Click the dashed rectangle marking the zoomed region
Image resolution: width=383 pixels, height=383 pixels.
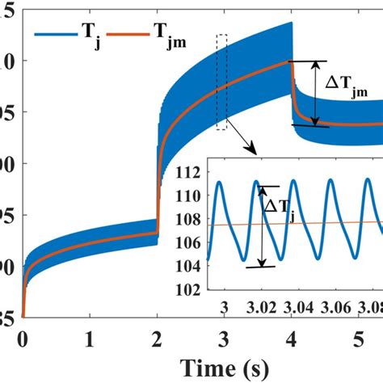pyautogui.click(x=222, y=82)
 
